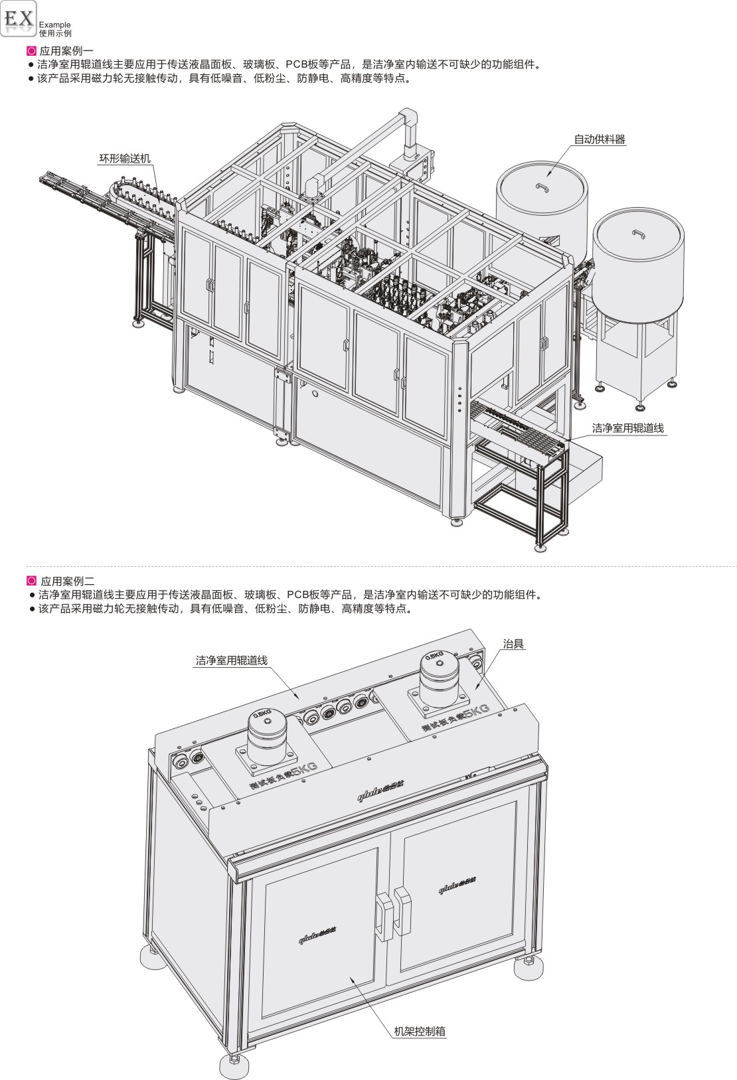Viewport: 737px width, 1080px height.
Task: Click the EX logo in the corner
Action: pos(19,20)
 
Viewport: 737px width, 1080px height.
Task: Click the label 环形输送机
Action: pos(125,159)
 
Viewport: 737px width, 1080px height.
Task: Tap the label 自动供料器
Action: pos(600,139)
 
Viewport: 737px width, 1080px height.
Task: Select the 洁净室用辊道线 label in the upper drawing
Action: pos(627,428)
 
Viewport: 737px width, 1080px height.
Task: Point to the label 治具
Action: pos(513,643)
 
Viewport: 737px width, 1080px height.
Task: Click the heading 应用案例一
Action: pos(66,50)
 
